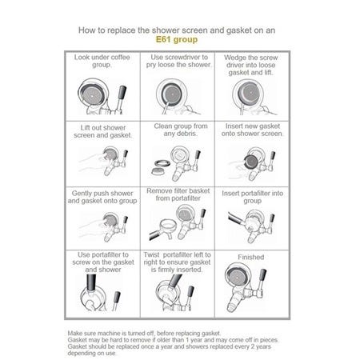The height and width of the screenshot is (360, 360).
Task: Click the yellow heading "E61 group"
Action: pyautogui.click(x=177, y=39)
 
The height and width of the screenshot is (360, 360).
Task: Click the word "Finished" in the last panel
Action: pyautogui.click(x=251, y=257)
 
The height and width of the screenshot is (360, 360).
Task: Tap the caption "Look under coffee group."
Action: pyautogui.click(x=102, y=61)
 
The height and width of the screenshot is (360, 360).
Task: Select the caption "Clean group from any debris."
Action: pyautogui.click(x=181, y=130)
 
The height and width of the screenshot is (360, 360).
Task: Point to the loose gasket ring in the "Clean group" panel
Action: pyautogui.click(x=162, y=162)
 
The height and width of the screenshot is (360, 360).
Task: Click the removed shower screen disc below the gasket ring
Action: pyautogui.click(x=159, y=171)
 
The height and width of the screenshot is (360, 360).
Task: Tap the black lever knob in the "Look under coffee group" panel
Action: pyautogui.click(x=122, y=92)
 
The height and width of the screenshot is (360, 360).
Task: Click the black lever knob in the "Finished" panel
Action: pyautogui.click(x=262, y=275)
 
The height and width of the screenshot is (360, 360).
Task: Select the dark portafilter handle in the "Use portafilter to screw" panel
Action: pyautogui.click(x=91, y=282)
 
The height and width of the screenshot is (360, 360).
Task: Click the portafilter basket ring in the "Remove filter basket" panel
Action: pyautogui.click(x=167, y=226)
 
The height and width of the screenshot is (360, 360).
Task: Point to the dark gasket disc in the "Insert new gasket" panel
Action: pyautogui.click(x=251, y=162)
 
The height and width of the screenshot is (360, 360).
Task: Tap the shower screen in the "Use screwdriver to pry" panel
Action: pyautogui.click(x=172, y=94)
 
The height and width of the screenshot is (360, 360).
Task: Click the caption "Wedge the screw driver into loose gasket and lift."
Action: pyautogui.click(x=250, y=65)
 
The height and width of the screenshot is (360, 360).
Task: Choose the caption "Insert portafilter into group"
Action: pyautogui.click(x=252, y=197)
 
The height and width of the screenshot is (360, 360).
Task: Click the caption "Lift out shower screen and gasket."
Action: pyautogui.click(x=102, y=131)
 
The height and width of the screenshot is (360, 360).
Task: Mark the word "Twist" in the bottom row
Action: pyautogui.click(x=151, y=254)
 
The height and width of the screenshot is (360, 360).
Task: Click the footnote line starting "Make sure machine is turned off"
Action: pyautogui.click(x=144, y=333)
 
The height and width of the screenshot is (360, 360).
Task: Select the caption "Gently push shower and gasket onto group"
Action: pyautogui.click(x=102, y=197)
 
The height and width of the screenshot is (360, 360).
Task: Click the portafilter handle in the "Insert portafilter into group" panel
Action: pyautogui.click(x=236, y=218)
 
